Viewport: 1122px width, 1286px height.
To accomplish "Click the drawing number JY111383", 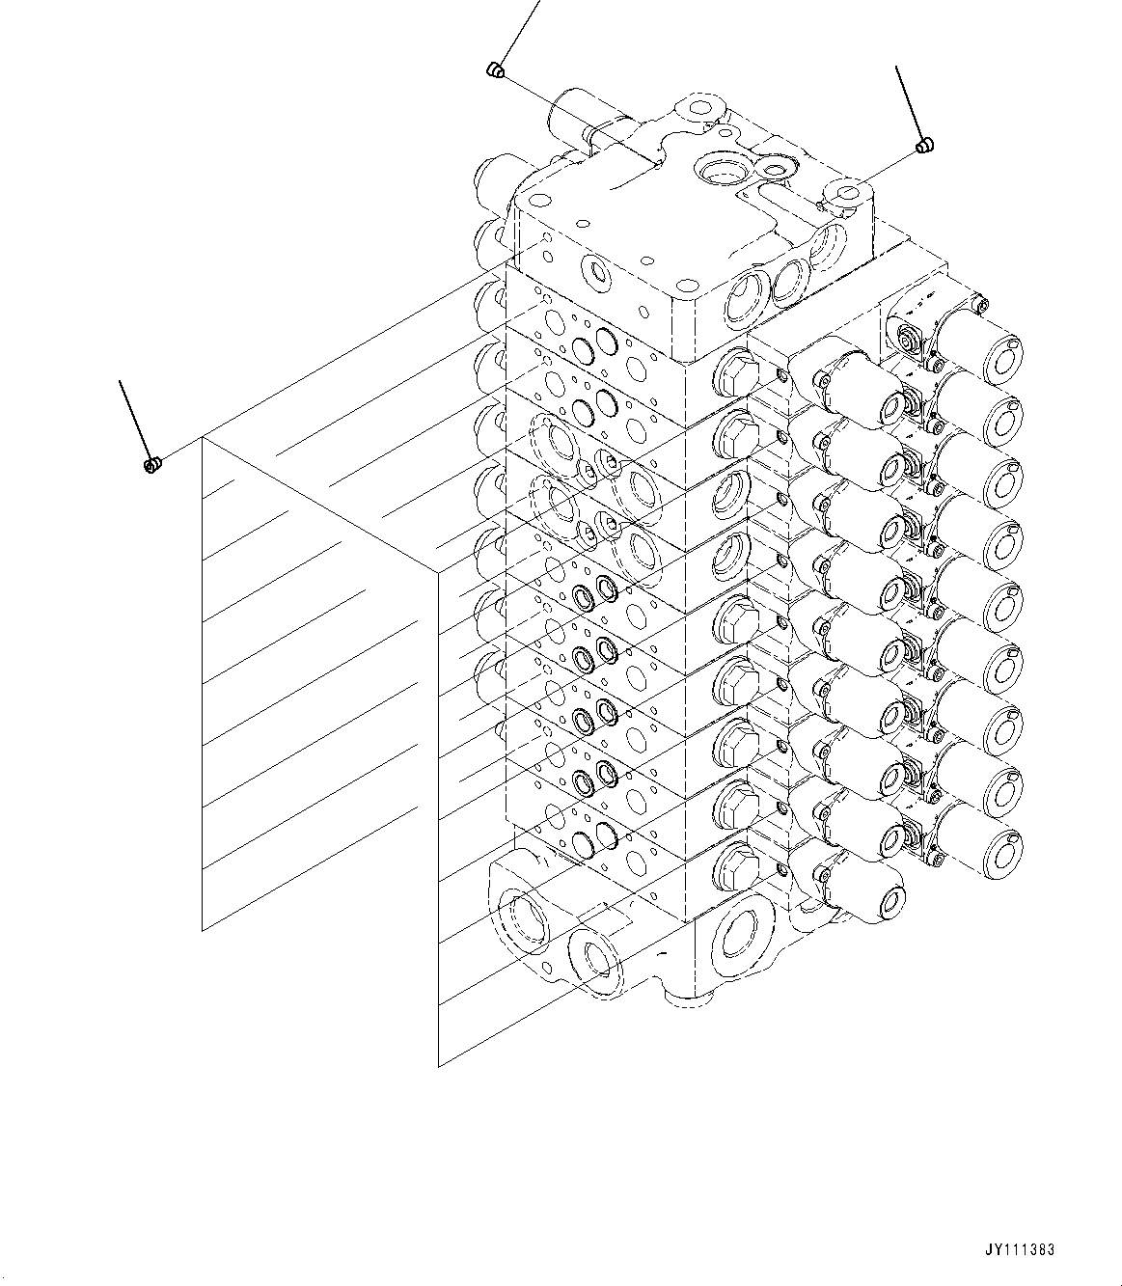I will (x=1020, y=1249).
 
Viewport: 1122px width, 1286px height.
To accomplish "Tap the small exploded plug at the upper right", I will (x=923, y=146).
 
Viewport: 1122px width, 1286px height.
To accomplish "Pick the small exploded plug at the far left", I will (x=151, y=466).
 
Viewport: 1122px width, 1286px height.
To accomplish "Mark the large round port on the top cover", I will (x=716, y=175).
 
